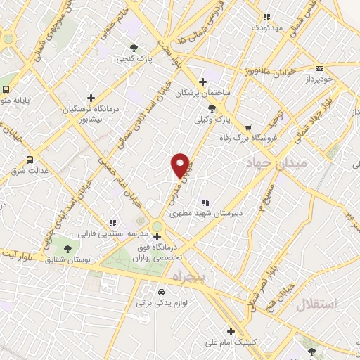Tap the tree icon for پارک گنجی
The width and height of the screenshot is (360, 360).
point(134,48)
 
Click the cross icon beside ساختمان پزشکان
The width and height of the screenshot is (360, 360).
point(203,82)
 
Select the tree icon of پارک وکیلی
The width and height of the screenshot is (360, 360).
point(213,108)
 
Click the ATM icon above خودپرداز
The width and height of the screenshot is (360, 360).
point(320,69)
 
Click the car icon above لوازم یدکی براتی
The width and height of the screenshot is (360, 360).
point(161,292)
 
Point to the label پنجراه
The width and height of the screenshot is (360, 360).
point(188,276)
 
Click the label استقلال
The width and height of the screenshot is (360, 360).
point(317,304)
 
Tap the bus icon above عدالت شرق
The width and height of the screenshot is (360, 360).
point(29,160)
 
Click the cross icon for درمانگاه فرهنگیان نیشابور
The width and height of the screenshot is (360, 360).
point(90,98)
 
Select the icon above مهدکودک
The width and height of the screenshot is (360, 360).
point(265,16)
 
